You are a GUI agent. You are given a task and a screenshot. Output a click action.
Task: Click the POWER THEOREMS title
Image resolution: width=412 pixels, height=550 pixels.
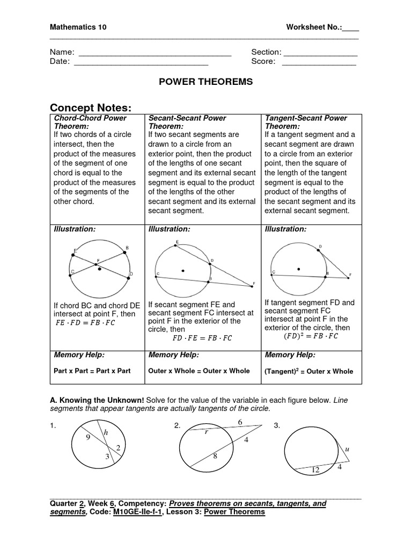coord(206,82)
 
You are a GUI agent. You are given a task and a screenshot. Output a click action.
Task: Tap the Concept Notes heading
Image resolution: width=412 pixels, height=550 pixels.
coord(90,107)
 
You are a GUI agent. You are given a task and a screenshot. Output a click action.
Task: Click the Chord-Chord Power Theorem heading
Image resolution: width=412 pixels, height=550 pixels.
coord(91,122)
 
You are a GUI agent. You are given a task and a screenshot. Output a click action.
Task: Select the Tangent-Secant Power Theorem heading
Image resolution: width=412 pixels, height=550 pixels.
coord(306,122)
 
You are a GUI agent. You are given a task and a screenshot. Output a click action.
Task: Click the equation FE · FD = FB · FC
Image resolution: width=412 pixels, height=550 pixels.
coord(85,323)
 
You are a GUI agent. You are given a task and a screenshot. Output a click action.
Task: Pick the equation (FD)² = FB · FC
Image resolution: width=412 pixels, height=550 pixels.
coord(311,336)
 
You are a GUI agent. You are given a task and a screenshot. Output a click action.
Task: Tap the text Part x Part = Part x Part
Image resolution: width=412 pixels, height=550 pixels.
coord(92,371)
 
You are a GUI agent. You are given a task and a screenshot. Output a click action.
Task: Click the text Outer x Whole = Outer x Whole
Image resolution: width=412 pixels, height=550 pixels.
coord(199,371)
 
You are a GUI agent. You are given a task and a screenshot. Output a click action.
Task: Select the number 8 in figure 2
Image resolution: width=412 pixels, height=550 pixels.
coord(215,457)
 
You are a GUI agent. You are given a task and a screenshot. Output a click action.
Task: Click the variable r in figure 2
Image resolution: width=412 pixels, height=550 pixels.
coord(206,432)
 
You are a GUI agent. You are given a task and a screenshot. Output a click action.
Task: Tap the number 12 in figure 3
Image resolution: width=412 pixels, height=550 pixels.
coord(315,469)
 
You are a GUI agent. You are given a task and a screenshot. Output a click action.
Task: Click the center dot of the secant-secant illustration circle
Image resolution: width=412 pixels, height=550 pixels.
coord(183,271)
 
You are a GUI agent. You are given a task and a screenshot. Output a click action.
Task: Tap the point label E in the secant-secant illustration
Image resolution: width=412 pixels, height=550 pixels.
coord(176,243)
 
